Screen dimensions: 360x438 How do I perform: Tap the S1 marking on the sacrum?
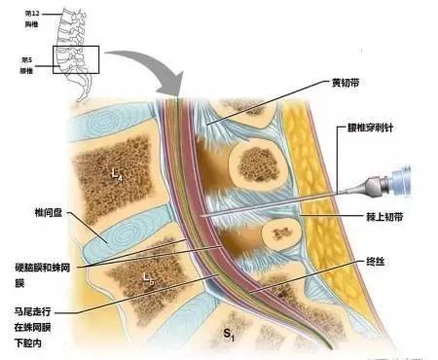click(230, 334)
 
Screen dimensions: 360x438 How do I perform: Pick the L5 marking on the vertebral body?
click(148, 278)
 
